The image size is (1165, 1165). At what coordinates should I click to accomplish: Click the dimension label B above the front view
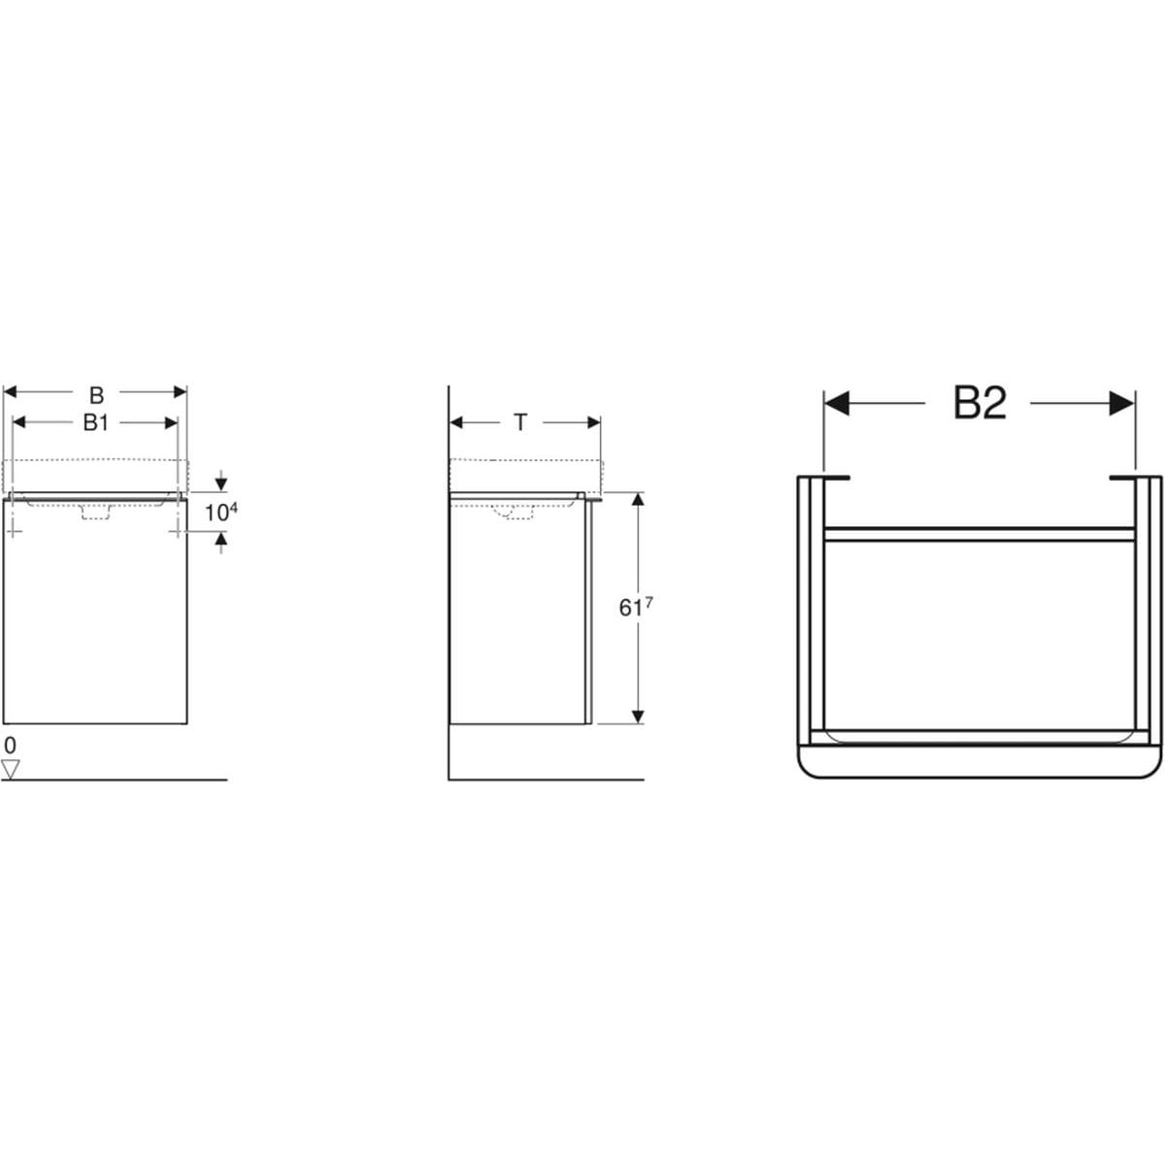[97, 395]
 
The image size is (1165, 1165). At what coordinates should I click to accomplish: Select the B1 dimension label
[94, 422]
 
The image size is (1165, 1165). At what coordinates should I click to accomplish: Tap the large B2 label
[979, 403]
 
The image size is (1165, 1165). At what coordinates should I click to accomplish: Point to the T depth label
[520, 422]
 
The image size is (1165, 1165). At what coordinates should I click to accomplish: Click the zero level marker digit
[10, 746]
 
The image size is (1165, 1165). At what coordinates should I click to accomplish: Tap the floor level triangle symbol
[11, 769]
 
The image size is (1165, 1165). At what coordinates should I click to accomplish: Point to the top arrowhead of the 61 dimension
[638, 499]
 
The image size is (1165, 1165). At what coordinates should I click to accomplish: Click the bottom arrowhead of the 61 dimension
[638, 716]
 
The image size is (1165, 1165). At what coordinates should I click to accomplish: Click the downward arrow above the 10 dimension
[222, 483]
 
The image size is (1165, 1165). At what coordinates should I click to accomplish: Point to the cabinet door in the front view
[95, 621]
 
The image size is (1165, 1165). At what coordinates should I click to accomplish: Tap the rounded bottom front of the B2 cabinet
[979, 762]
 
